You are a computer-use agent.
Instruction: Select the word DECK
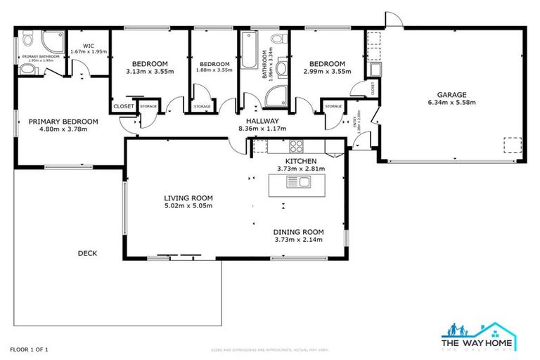[88, 254]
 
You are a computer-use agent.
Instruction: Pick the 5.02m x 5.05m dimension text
[188, 206]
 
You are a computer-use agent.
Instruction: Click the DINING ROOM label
[299, 231]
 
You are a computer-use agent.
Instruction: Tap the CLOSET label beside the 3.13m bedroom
[122, 106]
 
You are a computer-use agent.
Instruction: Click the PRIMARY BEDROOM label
[63, 121]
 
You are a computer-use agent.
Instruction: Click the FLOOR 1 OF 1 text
[29, 349]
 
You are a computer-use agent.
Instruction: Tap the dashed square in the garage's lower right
[511, 144]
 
